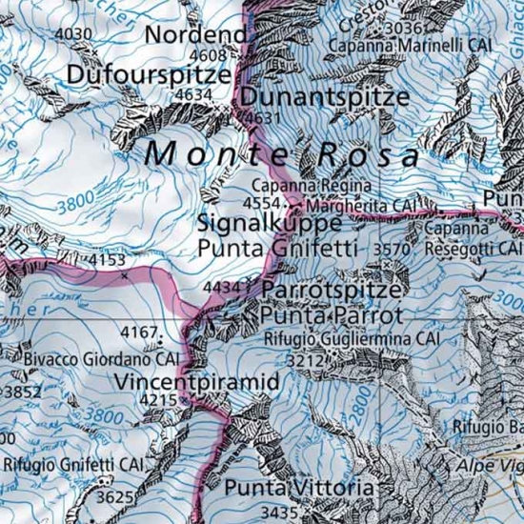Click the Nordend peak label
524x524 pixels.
(x=195, y=35)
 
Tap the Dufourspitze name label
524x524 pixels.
(x=149, y=73)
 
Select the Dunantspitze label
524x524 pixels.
(x=325, y=97)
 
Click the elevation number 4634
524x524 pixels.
(x=194, y=94)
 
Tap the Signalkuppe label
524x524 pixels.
(x=270, y=223)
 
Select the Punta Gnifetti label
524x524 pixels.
(x=276, y=249)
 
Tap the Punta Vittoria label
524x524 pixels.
(x=299, y=488)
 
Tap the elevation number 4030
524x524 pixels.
(x=75, y=34)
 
